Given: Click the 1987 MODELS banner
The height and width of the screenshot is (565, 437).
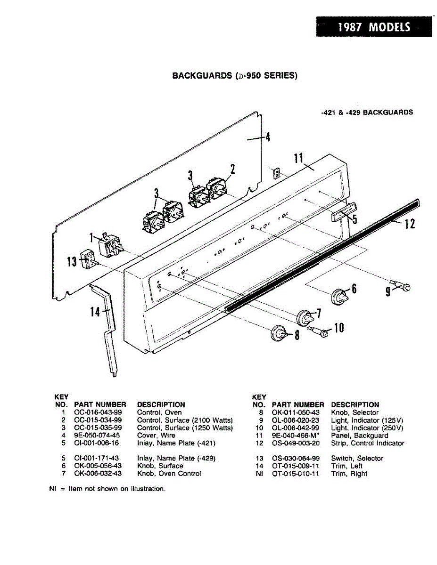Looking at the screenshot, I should point(374,27).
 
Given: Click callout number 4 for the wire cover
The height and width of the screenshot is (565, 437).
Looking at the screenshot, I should point(267,137).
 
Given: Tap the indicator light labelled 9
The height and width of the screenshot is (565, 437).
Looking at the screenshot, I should point(404,287).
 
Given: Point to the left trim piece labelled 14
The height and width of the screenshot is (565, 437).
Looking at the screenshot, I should point(109,325).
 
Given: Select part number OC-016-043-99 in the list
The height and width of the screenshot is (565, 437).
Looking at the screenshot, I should point(98,412).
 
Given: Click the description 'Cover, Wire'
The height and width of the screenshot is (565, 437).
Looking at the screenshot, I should point(156,436).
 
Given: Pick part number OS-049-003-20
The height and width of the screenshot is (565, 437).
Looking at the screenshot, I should point(296,443).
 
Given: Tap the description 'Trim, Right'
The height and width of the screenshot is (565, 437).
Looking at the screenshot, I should point(349,474).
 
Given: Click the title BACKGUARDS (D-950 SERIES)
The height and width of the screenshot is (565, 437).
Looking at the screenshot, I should point(235,75).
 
